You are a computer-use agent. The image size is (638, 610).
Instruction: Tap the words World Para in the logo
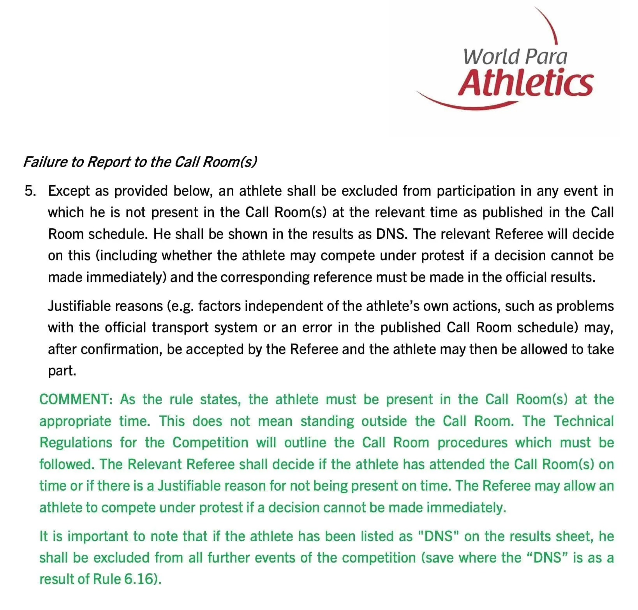(x=515, y=56)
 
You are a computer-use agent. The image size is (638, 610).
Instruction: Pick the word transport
(x=180, y=328)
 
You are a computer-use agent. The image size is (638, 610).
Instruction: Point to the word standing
(x=327, y=421)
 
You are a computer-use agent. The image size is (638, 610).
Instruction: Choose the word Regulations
(x=76, y=443)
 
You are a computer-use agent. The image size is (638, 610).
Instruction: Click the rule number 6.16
(x=139, y=579)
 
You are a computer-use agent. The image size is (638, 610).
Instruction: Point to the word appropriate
(x=75, y=421)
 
